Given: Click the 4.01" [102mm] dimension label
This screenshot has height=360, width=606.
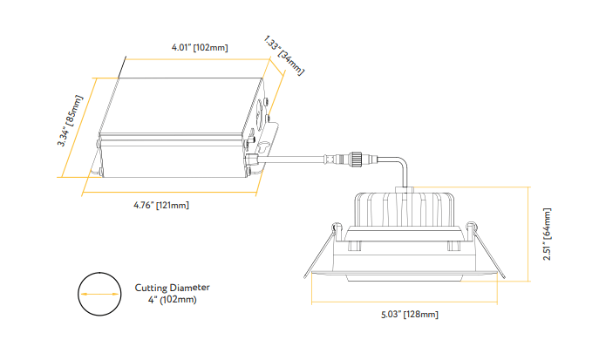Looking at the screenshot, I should tap(200, 47).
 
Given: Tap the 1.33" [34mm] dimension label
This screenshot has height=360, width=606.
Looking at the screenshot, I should tap(284, 56).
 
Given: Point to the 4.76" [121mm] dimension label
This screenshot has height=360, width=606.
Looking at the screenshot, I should tap(161, 205).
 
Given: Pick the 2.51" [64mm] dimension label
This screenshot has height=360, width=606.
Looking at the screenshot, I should tap(547, 234).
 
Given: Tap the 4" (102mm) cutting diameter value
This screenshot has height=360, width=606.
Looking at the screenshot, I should tap(172, 299).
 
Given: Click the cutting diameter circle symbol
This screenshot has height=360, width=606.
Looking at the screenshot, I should tap(99, 294).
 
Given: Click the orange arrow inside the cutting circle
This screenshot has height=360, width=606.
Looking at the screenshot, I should tap(99, 294).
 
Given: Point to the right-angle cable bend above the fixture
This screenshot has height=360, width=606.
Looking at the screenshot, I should tap(400, 165).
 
